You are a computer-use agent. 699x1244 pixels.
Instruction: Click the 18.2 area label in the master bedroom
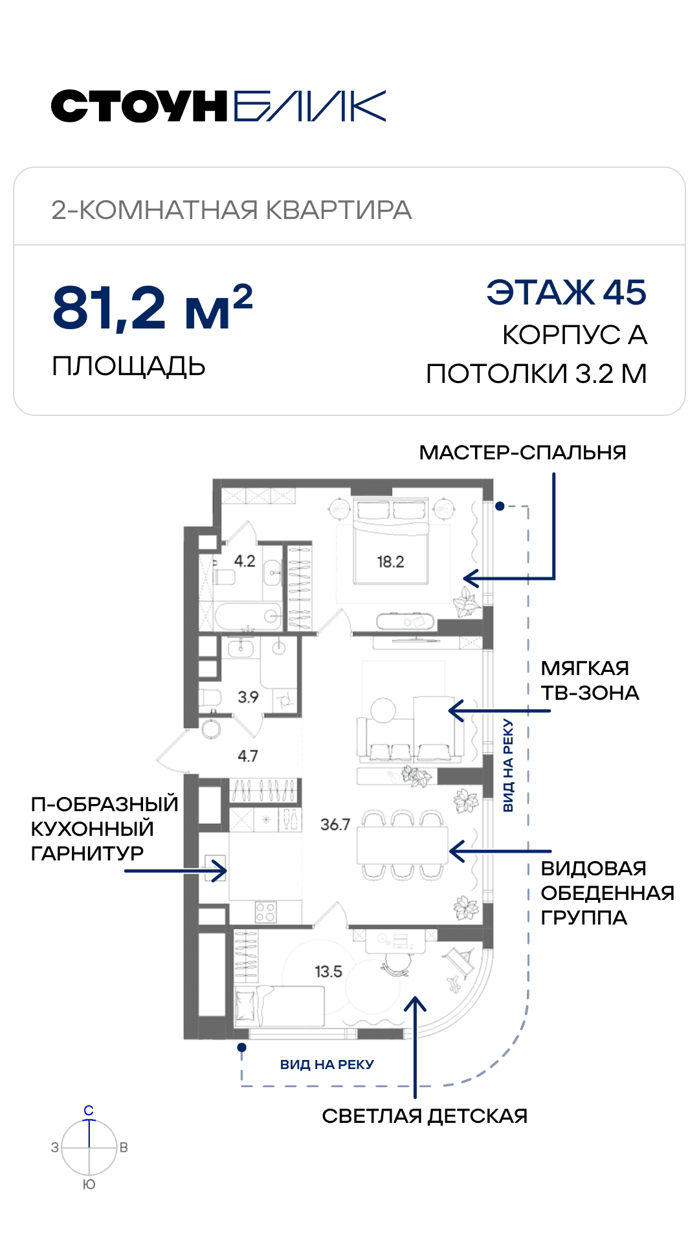pyautogui.click(x=390, y=562)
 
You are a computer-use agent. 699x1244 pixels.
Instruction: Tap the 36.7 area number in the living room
pyautogui.click(x=335, y=825)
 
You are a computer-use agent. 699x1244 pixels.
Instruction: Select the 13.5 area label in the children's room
pyautogui.click(x=328, y=972)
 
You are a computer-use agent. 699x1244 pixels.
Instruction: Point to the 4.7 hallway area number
pyautogui.click(x=248, y=756)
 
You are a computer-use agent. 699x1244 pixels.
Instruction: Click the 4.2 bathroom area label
pyautogui.click(x=245, y=561)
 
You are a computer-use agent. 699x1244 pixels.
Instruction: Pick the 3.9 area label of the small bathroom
pyautogui.click(x=248, y=697)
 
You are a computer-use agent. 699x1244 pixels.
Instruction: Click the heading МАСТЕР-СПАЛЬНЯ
pyautogui.click(x=522, y=452)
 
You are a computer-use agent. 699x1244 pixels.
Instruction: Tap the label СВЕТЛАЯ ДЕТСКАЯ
pyautogui.click(x=425, y=1116)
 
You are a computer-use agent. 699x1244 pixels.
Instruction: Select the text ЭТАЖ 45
pyautogui.click(x=566, y=292)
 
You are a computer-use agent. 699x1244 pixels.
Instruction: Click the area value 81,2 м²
pyautogui.click(x=152, y=307)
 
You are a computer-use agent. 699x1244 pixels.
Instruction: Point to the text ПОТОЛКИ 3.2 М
pyautogui.click(x=537, y=374)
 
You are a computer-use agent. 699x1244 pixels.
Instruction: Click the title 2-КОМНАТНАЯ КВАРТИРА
pyautogui.click(x=232, y=210)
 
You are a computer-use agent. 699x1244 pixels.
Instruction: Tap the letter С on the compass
pyautogui.click(x=89, y=1111)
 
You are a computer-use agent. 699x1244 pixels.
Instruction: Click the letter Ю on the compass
pyautogui.click(x=89, y=1184)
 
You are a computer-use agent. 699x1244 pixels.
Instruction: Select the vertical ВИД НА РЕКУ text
pyautogui.click(x=508, y=765)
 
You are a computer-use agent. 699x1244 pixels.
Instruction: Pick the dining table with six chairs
pyautogui.click(x=402, y=845)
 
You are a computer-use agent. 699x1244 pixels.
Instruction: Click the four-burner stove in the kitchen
pyautogui.click(x=266, y=912)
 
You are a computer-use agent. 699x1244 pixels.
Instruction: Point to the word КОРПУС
pyautogui.click(x=562, y=335)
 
